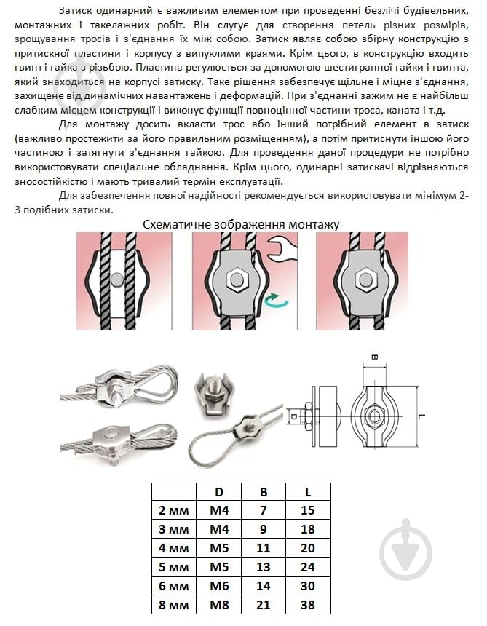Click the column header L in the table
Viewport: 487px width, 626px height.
pos(308,491)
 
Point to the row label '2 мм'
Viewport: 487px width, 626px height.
pos(173,510)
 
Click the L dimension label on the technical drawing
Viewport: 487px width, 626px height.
pos(422,419)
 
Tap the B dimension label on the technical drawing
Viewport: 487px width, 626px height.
pos(374,358)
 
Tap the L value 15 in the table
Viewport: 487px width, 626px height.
pos(308,510)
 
